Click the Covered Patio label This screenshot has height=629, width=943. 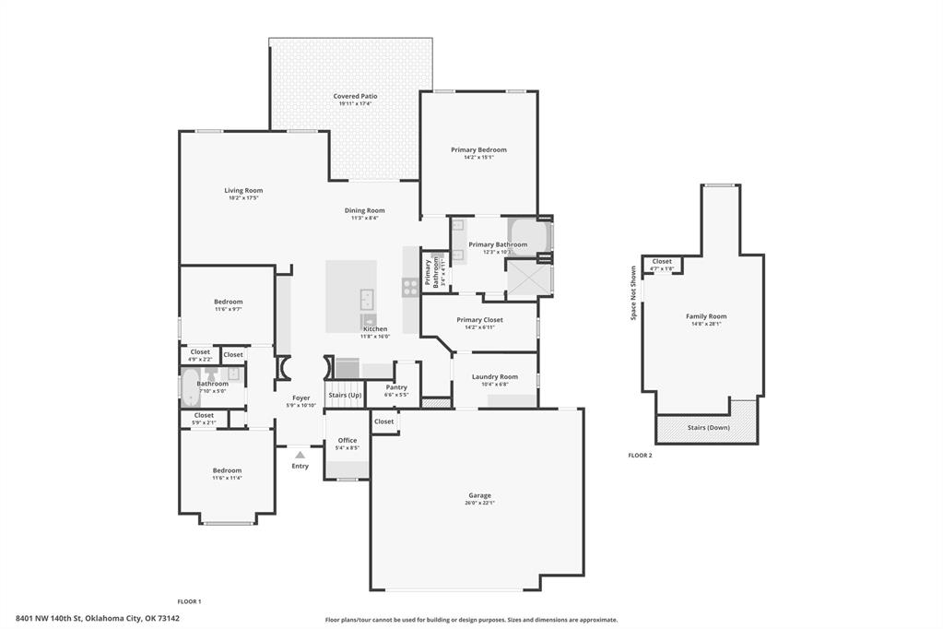click(355, 96)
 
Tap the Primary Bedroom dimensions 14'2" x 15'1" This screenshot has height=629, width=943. click(478, 158)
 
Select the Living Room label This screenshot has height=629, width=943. click(243, 190)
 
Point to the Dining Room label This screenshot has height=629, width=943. click(364, 210)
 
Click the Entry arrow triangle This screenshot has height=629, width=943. click(300, 455)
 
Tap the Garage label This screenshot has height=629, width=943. click(479, 495)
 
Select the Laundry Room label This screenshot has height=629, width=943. click(494, 376)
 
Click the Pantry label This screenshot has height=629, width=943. click(396, 387)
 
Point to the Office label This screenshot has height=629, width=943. click(347, 440)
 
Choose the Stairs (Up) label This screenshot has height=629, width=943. click(343, 395)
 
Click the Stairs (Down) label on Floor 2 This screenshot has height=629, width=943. click(708, 428)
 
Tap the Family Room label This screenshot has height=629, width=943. click(706, 316)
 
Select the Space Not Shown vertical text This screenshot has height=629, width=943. click(633, 293)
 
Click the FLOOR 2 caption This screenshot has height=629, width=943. click(640, 456)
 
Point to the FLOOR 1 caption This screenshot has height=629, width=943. click(189, 601)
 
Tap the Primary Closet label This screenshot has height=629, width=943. click(479, 320)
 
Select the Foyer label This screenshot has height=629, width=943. click(301, 398)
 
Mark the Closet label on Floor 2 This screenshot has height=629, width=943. click(662, 261)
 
